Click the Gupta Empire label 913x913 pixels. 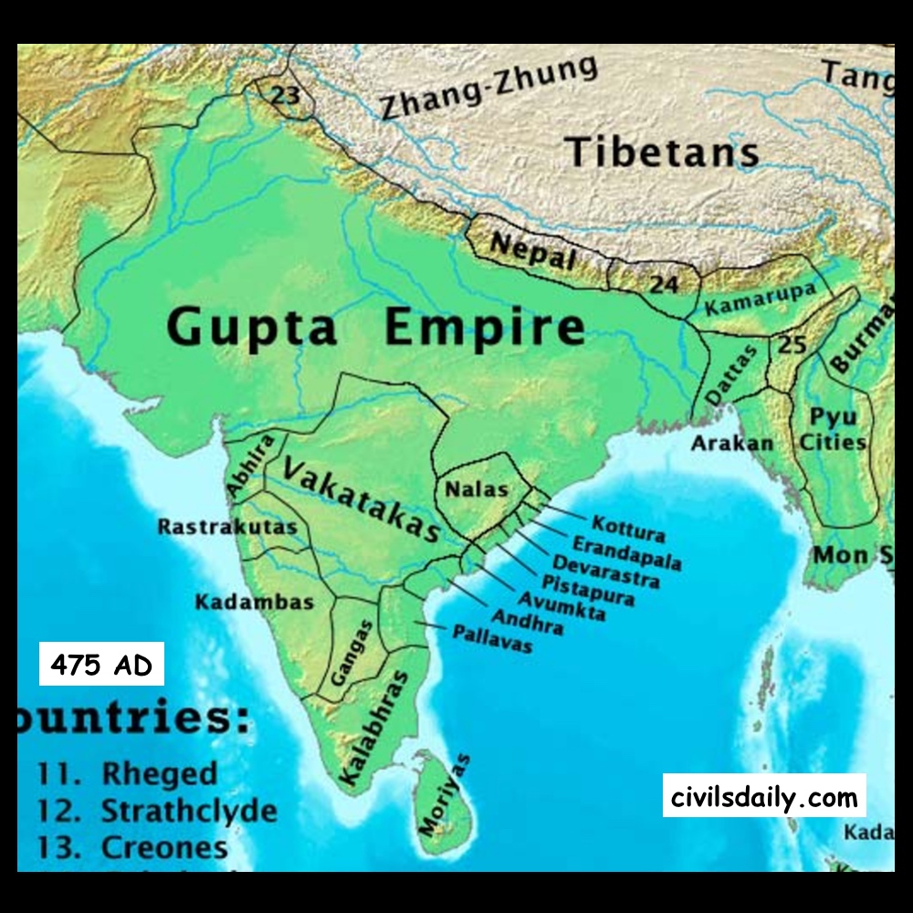coord(375,327)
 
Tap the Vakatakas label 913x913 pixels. coord(362,498)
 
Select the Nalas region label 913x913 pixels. coord(476,489)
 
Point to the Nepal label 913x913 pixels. coord(534,250)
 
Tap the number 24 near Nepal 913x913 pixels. coord(664,285)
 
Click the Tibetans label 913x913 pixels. coord(662,152)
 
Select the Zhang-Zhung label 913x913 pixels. coord(489,88)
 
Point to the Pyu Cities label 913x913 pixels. coord(832,430)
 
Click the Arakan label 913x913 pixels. coord(732,444)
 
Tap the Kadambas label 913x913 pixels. coord(254,602)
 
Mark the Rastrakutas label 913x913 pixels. coord(227,527)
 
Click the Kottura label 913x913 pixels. coord(628,528)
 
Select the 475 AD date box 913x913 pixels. coord(101,665)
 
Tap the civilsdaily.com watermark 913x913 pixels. coord(764,797)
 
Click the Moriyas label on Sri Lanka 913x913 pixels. coord(443,794)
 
